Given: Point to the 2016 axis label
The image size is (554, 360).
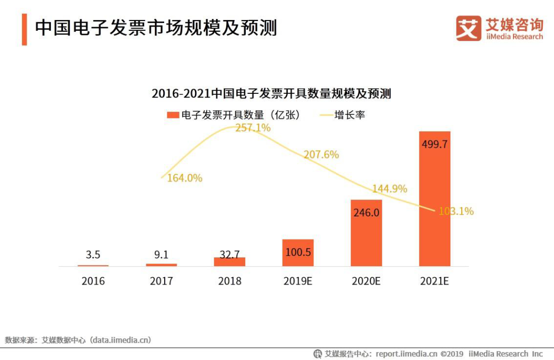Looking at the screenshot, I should coord(93,281).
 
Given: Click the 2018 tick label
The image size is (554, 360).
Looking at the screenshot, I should coord(229,281).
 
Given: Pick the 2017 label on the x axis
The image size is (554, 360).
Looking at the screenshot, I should coord(161,281).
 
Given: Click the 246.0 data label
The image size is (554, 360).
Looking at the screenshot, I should coord(366,212).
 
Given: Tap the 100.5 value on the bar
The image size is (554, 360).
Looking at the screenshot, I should coord(298,252).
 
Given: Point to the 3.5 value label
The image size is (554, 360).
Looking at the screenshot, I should coord(93,254).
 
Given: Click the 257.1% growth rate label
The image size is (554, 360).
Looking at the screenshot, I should coord(253,128).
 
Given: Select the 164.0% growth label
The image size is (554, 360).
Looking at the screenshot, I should coord(185,178).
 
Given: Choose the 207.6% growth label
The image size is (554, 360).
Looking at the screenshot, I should coord(321,154).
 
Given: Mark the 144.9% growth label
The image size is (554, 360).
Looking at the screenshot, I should coord(389,189).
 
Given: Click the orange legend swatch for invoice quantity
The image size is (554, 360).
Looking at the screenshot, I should coord(173,115).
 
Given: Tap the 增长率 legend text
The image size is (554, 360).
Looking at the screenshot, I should coord(350,115).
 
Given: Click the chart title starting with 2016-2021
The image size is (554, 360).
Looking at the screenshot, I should coord(271,94).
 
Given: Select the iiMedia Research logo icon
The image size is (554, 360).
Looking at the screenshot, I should coord(468,28).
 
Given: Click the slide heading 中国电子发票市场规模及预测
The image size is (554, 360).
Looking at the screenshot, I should coord(156,28).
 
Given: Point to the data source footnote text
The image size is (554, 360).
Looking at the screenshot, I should coord(78,340).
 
